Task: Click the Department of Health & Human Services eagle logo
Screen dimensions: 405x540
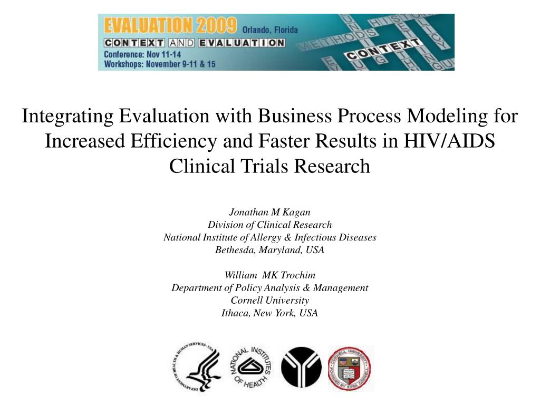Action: [196, 367]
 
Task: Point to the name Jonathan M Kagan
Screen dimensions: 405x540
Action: [269, 212]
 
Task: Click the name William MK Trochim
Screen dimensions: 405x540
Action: [269, 275]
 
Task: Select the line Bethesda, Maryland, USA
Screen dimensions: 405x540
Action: [269, 250]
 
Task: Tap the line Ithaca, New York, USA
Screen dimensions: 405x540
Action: [269, 313]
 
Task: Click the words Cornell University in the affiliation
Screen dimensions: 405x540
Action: [269, 300]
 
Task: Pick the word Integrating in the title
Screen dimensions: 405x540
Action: [67, 115]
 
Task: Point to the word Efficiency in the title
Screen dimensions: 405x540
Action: [175, 141]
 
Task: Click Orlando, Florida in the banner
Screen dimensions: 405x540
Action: [270, 30]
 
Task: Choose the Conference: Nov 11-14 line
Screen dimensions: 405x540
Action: [142, 54]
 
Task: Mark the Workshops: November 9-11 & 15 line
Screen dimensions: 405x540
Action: [160, 64]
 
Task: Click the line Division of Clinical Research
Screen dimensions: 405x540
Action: [269, 225]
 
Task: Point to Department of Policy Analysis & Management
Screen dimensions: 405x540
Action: [269, 287]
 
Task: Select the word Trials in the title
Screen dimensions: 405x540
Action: [266, 166]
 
